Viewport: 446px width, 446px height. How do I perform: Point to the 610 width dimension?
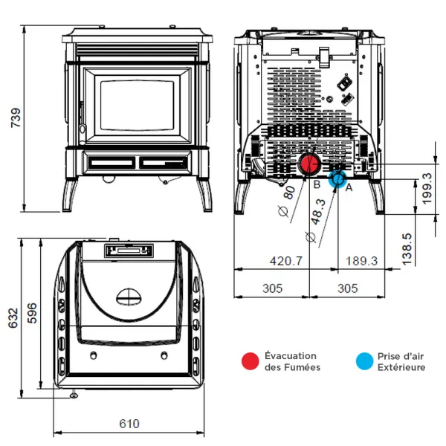(x=129, y=424)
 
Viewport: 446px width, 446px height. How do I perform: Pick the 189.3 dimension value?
(x=361, y=261)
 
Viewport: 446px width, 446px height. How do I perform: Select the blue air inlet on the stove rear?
(x=337, y=178)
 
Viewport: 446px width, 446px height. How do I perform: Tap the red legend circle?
(x=250, y=361)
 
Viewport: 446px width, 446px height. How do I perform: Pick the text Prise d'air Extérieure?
(x=401, y=361)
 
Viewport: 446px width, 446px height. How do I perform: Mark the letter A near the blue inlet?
(x=348, y=189)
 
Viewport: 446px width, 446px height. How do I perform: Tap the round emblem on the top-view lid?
(x=129, y=296)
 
